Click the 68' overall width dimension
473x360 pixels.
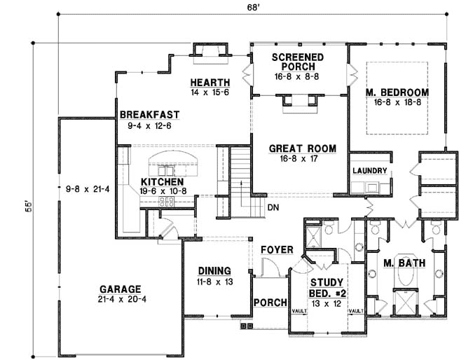tap(254, 8)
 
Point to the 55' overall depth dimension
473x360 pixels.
tap(28, 207)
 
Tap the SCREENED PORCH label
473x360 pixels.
tap(298, 62)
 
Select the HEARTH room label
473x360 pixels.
tap(210, 83)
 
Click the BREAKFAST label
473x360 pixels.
tap(150, 115)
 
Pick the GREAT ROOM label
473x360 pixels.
tap(302, 148)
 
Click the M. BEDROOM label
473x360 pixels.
tap(397, 92)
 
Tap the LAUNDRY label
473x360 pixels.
tap(369, 171)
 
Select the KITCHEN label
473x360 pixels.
tap(163, 182)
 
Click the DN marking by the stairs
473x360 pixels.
tap(273, 207)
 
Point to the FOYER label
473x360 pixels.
tap(277, 250)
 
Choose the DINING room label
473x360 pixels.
tap(214, 271)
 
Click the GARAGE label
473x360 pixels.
tap(121, 289)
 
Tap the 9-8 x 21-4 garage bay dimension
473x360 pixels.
tap(88, 189)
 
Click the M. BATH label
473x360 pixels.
tap(404, 263)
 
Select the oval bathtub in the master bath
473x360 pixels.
tap(406, 272)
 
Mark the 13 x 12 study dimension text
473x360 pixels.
tap(327, 303)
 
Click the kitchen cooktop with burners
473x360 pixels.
tap(166, 202)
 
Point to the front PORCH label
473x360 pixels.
tap(270, 303)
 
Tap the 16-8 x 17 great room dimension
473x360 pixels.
tap(299, 158)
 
